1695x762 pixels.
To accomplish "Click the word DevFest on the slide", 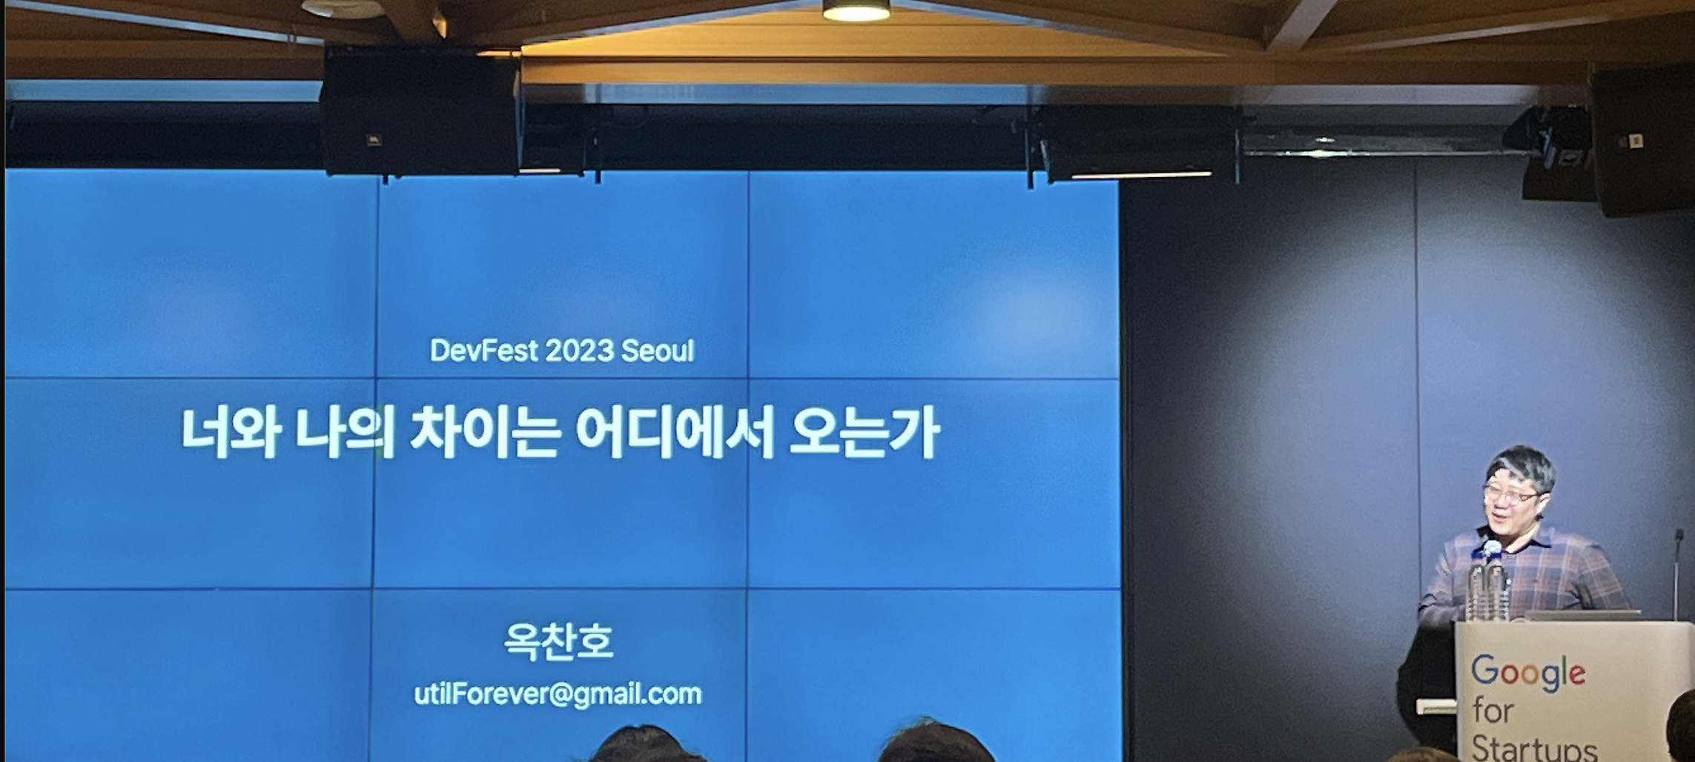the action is [484, 351].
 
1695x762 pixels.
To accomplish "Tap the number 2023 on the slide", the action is [579, 351].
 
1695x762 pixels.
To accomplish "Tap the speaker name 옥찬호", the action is [559, 642].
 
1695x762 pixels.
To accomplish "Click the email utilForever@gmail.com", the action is [558, 695].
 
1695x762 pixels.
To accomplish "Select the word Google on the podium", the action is [1528, 673].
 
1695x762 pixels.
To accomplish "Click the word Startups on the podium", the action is [1533, 747].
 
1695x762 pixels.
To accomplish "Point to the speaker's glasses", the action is [1510, 494].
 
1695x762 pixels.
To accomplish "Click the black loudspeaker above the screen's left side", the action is [420, 111].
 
